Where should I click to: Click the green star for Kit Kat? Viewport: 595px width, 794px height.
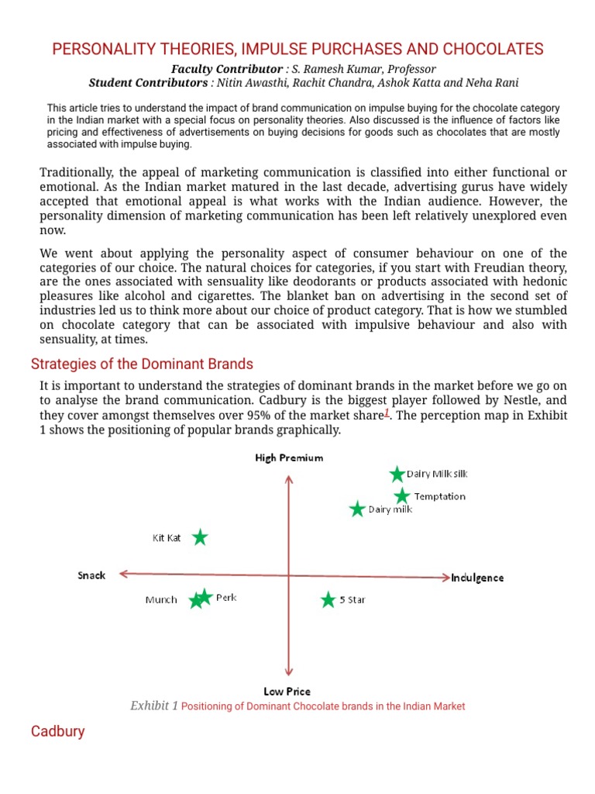(x=200, y=537)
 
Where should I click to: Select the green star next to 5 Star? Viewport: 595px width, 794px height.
(x=329, y=600)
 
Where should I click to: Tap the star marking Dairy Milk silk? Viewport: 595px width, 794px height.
(x=397, y=475)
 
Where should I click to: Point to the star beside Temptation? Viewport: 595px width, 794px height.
(x=401, y=496)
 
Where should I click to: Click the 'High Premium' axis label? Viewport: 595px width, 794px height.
(x=289, y=458)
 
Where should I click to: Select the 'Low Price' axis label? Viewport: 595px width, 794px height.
(x=287, y=691)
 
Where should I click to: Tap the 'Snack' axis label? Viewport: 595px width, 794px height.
(x=91, y=575)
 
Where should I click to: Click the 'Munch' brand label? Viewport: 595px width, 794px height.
(x=161, y=599)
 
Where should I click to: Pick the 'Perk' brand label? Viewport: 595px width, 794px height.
(x=226, y=598)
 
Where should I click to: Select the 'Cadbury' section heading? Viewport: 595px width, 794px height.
(x=57, y=731)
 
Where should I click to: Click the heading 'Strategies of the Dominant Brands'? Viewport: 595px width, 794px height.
(x=142, y=364)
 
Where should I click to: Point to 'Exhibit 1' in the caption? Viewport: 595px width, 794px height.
(x=154, y=706)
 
